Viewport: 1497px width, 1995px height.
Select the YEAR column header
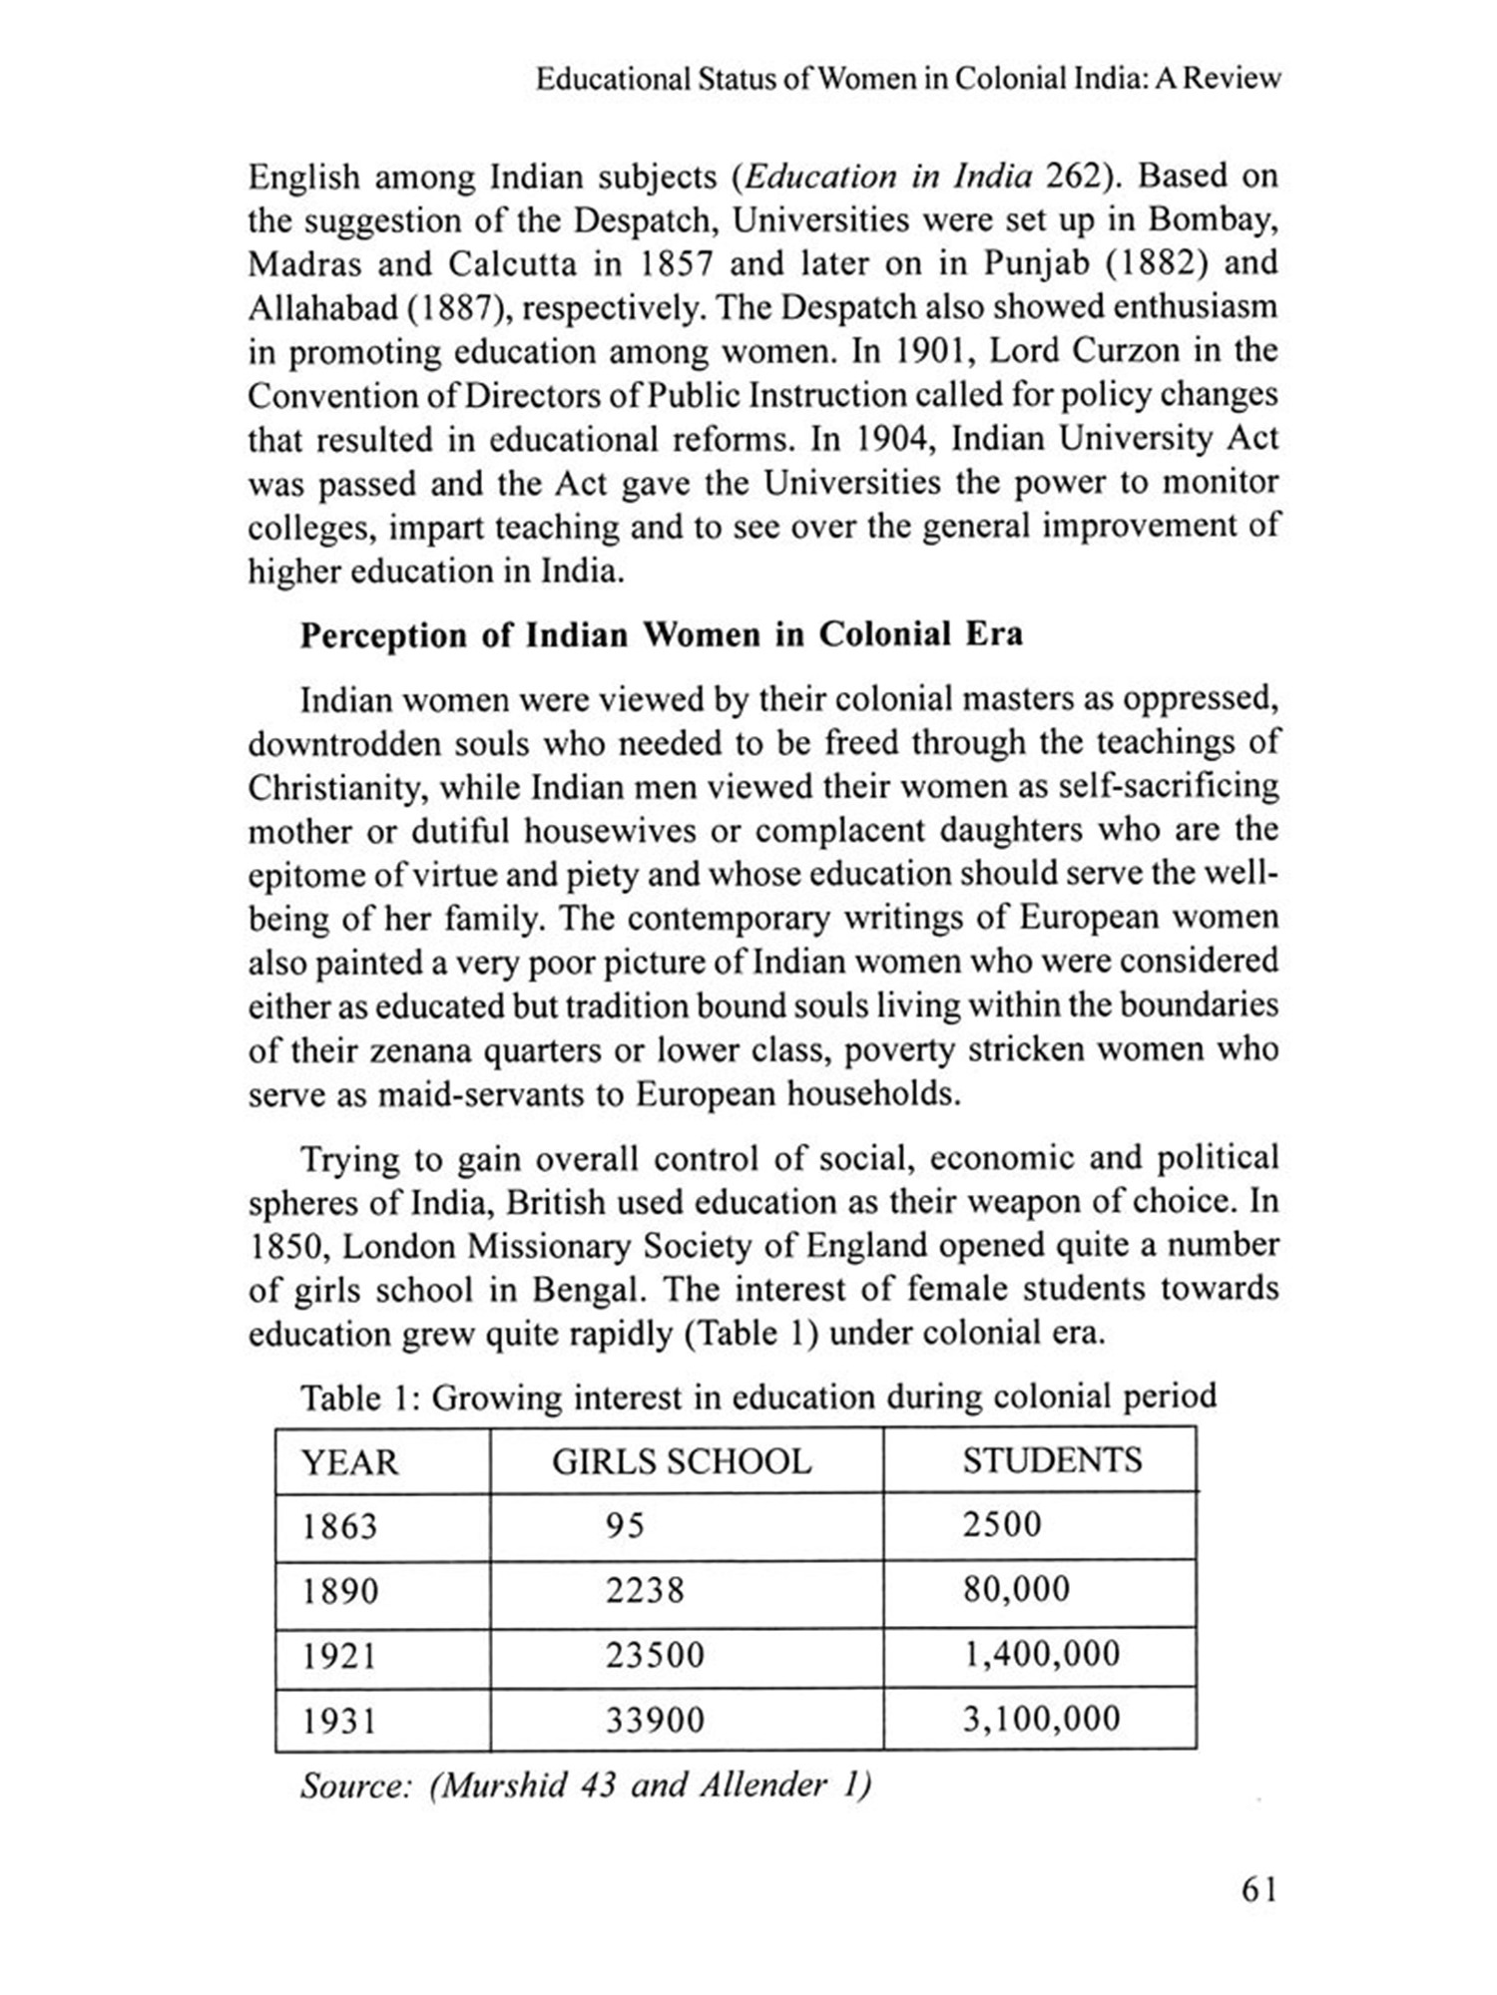349,1462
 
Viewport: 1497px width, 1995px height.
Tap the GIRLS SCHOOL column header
682,1461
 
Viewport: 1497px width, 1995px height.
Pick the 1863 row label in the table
340,1526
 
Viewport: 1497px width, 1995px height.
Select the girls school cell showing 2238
645,1590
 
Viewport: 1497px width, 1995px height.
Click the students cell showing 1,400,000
1041,1654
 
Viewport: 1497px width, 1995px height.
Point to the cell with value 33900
655,1720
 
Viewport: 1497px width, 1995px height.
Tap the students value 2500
1002,1525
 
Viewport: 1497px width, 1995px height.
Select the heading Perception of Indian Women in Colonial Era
662,635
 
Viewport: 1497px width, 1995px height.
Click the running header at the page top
907,80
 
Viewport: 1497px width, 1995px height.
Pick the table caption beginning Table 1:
758,1396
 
